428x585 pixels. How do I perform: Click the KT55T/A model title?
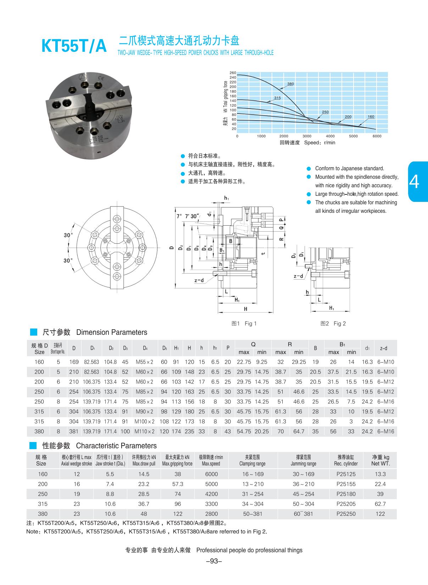coord(74,46)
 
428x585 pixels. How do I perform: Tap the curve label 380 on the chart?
coord(290,84)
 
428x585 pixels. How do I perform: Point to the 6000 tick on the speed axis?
coord(377,136)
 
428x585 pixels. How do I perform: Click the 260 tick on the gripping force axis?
coord(233,73)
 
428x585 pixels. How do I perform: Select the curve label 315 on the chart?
coord(277,98)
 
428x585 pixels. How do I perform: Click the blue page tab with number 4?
coord(418,182)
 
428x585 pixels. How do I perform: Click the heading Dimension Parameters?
coord(111,332)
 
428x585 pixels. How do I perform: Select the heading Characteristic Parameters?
coord(116,446)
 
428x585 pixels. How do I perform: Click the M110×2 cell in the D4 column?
coord(144,431)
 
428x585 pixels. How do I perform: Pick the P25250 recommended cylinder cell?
coord(346,514)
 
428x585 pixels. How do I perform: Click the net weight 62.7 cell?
coord(380,504)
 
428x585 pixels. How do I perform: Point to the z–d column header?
coord(383,348)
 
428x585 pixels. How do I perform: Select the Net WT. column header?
coord(380,464)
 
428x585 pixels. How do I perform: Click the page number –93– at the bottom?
coord(214,561)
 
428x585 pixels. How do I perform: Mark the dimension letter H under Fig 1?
coord(245,309)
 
